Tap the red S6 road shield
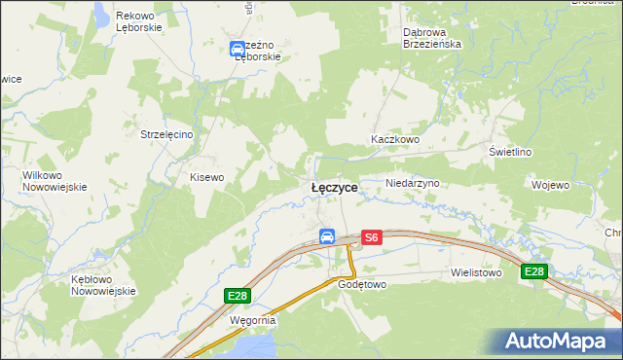(371, 236)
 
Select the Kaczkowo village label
(394, 140)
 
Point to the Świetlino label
(510, 152)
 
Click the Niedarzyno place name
(414, 183)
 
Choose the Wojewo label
(551, 184)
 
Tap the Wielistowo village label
(476, 273)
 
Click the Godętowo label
(363, 285)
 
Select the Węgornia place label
(253, 319)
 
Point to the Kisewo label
(206, 177)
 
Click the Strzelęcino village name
(169, 133)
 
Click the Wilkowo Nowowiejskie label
(55, 180)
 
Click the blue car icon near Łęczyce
(327, 236)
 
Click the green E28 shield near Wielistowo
(533, 271)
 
